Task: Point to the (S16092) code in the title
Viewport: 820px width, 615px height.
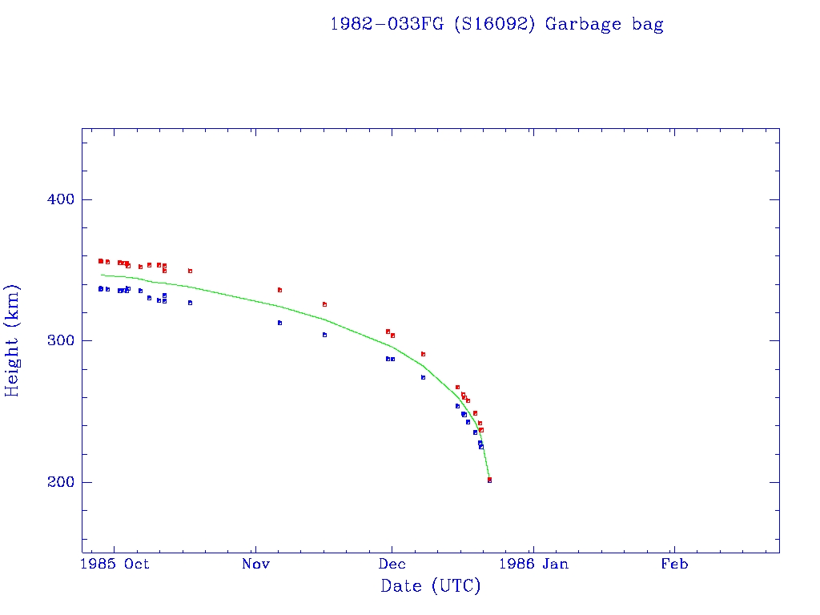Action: [495, 24]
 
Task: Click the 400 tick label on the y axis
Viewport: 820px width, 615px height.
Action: [56, 199]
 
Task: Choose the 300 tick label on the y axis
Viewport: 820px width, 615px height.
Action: [56, 340]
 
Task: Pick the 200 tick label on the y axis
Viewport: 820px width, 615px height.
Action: [56, 482]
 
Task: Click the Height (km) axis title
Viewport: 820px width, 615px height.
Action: [13, 340]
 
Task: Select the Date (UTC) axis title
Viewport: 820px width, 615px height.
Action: [431, 586]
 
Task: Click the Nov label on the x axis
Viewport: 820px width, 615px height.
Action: [255, 565]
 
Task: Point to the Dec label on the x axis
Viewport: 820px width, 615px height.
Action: [392, 565]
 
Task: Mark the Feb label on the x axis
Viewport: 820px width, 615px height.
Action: [674, 565]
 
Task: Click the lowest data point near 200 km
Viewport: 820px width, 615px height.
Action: [489, 480]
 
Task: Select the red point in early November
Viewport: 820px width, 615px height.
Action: [279, 290]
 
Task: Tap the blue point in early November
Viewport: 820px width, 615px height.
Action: [279, 323]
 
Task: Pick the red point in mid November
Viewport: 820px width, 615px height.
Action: [324, 304]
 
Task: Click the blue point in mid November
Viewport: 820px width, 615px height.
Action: [324, 335]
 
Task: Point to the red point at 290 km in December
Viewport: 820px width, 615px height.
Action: [423, 354]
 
